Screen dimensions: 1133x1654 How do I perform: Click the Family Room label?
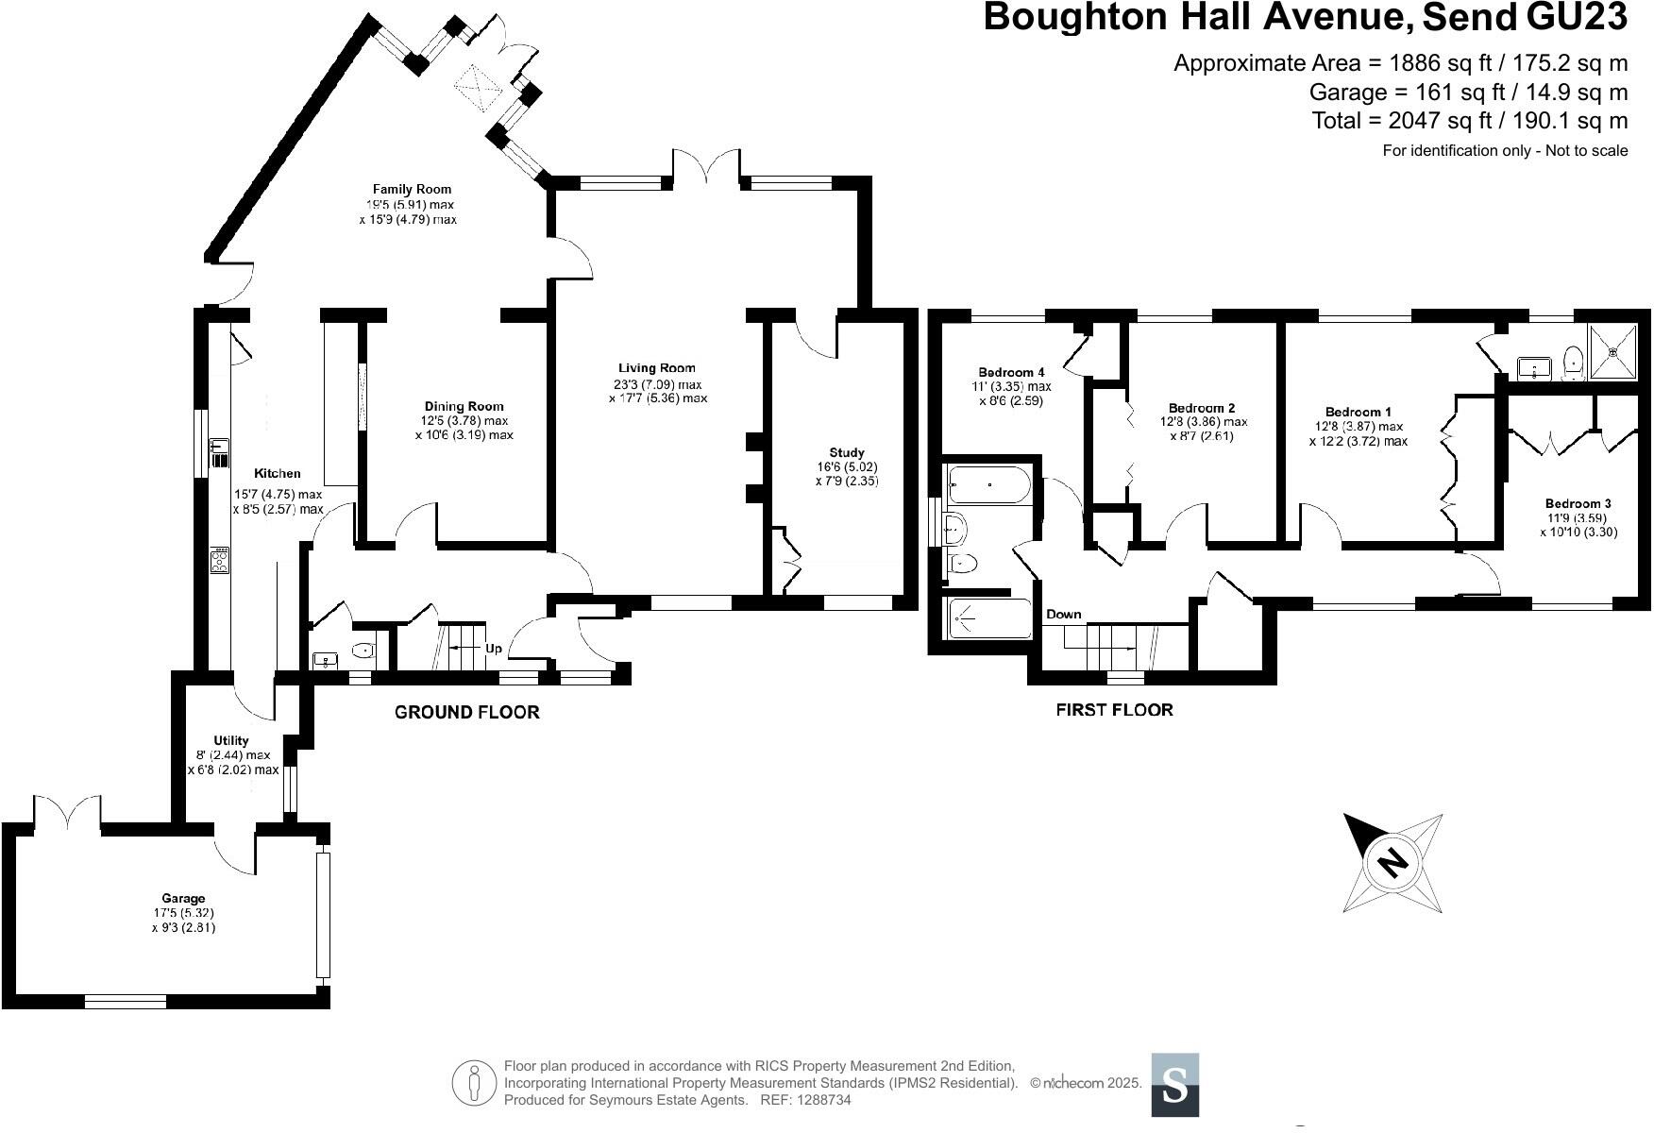411,189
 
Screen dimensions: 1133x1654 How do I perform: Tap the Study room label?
846,452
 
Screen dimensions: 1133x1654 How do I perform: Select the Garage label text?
183,898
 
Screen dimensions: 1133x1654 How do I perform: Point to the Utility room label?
231,740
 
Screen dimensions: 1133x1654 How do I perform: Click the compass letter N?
1392,862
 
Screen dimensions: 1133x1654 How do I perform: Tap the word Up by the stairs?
494,649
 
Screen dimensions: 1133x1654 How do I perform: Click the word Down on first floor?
1063,614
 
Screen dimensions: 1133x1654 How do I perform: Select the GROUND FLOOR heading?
466,712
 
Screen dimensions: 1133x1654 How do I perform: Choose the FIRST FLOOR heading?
1114,709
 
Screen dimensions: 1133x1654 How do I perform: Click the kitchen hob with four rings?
219,561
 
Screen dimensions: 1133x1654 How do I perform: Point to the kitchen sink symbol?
219,453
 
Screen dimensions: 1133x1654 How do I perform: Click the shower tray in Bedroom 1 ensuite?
1612,351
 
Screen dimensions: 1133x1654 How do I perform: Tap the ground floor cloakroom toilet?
363,650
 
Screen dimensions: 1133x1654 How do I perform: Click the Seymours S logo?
1174,1084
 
